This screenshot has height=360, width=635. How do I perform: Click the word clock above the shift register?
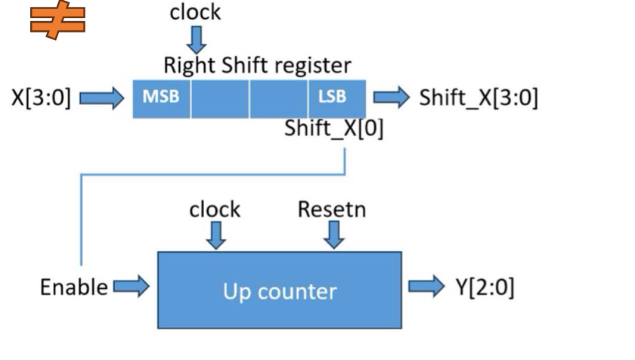tap(195, 13)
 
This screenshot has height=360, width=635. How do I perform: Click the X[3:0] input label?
tap(41, 98)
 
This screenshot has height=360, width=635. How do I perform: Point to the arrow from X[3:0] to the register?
tap(101, 98)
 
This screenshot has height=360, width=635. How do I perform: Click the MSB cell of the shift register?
tap(161, 98)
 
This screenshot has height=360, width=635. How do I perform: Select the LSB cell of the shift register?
tap(336, 98)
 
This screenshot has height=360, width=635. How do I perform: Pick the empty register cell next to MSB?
tap(220, 98)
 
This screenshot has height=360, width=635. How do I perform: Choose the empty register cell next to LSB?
tap(278, 98)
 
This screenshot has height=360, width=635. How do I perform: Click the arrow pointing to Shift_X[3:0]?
tap(391, 98)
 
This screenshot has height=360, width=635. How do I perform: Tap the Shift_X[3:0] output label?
tap(479, 98)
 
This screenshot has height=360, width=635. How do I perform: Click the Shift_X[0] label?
tap(333, 129)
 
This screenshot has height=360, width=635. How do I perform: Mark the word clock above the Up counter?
tap(215, 209)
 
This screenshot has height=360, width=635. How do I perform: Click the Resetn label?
tap(332, 209)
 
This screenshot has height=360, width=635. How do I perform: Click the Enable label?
tap(73, 287)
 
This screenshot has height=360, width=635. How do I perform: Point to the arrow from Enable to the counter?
tap(131, 287)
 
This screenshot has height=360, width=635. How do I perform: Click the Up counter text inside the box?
tap(280, 291)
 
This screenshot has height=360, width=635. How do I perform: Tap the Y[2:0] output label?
tap(485, 287)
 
